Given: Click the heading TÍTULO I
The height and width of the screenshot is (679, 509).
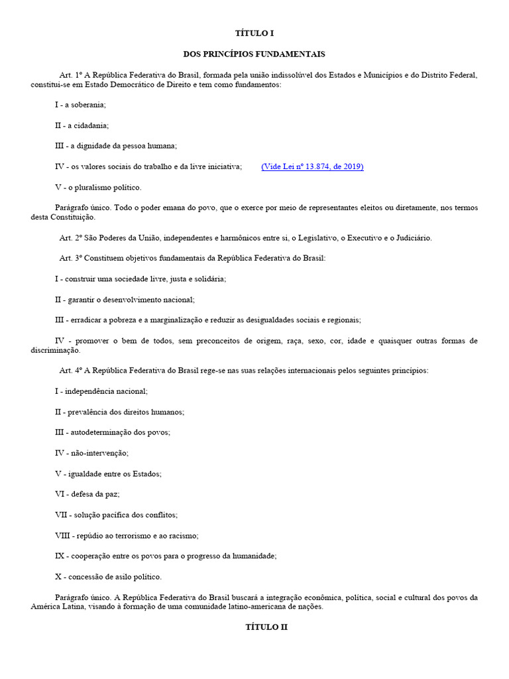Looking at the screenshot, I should point(254,32).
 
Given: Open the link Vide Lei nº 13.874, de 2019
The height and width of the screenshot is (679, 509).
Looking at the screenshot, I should point(312,166).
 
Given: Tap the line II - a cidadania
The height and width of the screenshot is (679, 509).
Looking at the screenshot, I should point(82,125).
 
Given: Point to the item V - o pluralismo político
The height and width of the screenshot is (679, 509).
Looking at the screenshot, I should point(98,187).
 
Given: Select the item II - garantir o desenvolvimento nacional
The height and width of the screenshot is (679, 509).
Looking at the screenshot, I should point(125,300).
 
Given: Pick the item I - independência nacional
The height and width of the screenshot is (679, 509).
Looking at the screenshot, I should point(101,392).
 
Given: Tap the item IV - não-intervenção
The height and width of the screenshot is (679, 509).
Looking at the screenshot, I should point(91,454).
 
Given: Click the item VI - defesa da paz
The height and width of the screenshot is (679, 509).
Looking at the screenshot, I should point(87,494).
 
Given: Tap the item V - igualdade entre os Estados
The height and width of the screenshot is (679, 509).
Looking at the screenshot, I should point(109,474).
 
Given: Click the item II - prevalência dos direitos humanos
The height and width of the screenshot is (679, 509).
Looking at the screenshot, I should point(119,412).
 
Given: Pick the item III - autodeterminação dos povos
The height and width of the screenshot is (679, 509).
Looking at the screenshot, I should point(113,433).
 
